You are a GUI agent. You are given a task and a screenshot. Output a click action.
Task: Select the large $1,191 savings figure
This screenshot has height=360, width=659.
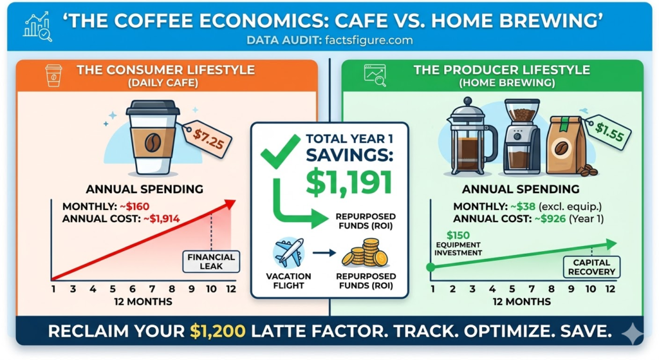[x=349, y=182]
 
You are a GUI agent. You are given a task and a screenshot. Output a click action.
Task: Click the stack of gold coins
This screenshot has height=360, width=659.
[x=365, y=252]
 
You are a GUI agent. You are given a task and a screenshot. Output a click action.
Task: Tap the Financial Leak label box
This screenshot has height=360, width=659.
[x=211, y=261]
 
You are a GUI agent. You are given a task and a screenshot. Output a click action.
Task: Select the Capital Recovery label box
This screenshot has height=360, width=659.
[x=591, y=267]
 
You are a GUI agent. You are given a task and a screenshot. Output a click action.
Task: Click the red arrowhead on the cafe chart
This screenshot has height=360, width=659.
[x=230, y=204]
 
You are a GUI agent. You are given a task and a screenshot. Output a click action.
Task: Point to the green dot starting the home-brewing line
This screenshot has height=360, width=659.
[x=431, y=267]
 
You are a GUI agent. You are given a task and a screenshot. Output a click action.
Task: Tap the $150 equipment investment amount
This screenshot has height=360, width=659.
[x=458, y=235]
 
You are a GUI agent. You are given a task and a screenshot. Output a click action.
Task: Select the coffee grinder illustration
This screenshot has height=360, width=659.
[x=521, y=137]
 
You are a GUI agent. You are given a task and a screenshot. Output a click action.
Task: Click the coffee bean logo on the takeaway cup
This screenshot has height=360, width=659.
[x=153, y=143]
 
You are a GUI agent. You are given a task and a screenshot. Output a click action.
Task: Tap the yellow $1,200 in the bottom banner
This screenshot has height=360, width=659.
[x=218, y=332]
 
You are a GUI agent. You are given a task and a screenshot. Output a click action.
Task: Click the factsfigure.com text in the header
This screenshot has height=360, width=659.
[x=369, y=41]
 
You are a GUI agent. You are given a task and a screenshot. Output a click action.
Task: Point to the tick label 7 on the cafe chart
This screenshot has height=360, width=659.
[x=152, y=289]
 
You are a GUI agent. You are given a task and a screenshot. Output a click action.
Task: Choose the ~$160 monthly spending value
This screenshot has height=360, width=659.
[x=135, y=207]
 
